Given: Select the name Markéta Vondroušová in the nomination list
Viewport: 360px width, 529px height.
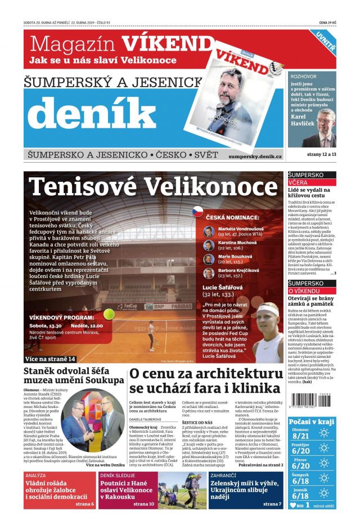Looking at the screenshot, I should [240, 228].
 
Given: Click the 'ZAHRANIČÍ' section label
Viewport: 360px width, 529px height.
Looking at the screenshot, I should [227, 476].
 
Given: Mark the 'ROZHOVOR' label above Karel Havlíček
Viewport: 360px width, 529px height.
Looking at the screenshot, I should [304, 75].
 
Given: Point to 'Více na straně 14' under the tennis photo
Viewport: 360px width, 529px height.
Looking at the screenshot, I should [50, 358].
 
